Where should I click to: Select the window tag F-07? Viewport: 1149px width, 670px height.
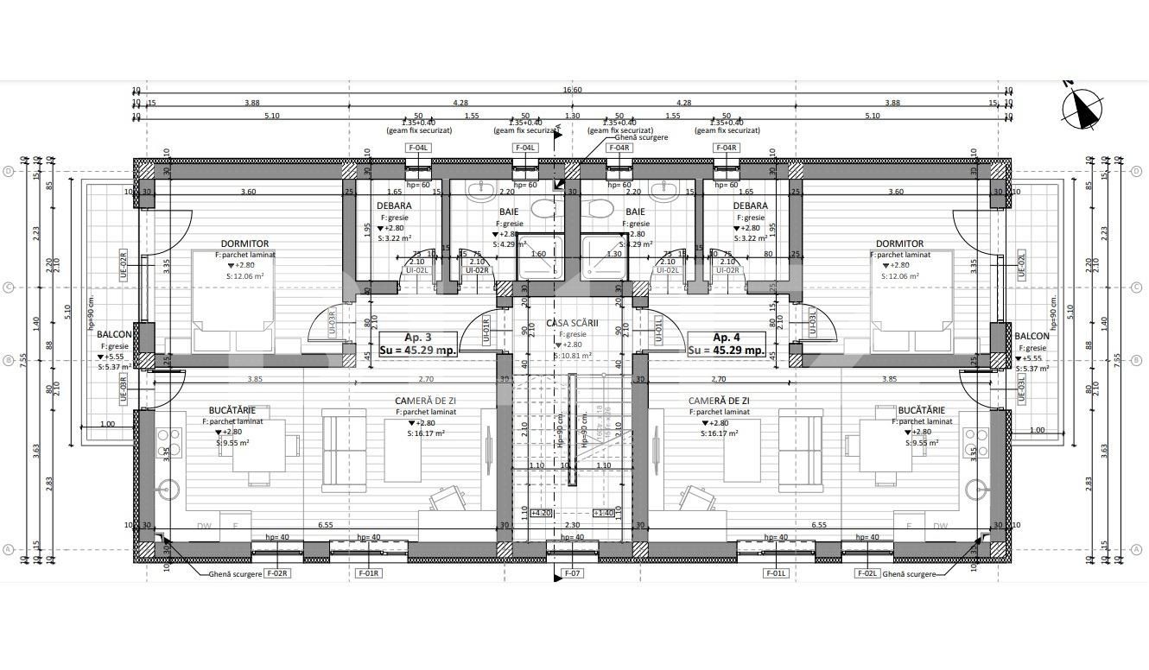click(x=573, y=572)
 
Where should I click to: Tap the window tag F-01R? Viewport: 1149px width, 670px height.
click(x=368, y=572)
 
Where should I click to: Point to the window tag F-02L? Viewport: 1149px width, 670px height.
click(x=867, y=572)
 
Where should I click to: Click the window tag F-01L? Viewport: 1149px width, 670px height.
click(x=775, y=572)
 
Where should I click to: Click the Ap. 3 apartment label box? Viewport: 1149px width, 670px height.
click(x=418, y=344)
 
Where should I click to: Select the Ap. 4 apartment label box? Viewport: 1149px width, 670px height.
click(x=726, y=344)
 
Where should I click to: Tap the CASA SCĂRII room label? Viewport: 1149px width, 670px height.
click(x=574, y=322)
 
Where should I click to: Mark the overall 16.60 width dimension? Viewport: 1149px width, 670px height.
click(x=572, y=90)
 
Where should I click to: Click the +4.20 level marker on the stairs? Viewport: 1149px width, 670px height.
click(x=541, y=513)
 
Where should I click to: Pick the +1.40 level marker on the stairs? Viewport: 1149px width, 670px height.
click(x=604, y=513)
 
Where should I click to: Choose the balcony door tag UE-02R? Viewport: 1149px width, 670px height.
click(x=123, y=262)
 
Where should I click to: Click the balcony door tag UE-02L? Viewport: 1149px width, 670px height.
click(x=1021, y=262)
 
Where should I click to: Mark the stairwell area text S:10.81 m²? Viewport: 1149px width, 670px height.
click(x=574, y=355)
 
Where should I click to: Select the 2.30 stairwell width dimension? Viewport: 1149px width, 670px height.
click(x=572, y=524)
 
